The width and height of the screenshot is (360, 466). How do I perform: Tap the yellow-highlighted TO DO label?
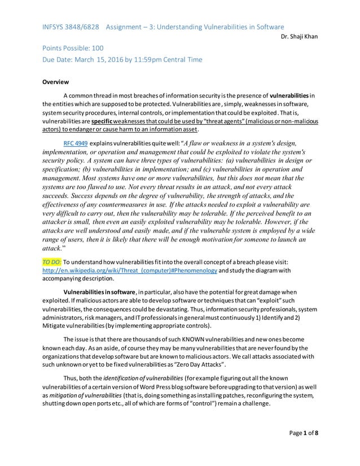[x=52, y=262]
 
